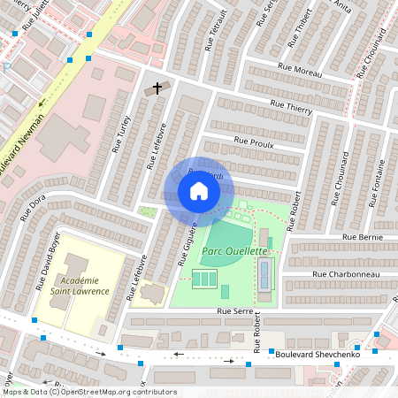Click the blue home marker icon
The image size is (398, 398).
199,191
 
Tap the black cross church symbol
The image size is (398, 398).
158,88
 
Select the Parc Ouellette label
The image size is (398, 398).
234,251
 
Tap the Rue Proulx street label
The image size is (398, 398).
254,141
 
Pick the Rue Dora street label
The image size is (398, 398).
32,209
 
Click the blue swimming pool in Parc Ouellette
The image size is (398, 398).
265,274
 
